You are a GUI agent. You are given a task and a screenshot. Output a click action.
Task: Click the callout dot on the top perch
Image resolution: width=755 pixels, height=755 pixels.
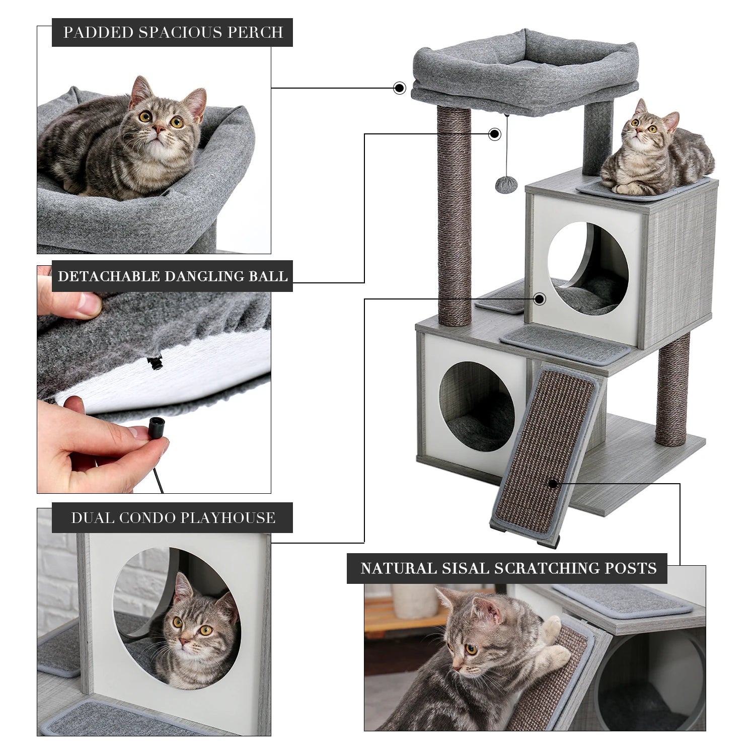400,88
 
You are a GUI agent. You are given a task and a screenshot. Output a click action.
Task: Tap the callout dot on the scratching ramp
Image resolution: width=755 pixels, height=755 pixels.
553,484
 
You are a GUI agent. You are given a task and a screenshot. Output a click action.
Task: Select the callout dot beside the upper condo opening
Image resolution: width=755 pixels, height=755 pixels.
540,299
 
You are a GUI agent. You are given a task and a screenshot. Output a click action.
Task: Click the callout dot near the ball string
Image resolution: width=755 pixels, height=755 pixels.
495,134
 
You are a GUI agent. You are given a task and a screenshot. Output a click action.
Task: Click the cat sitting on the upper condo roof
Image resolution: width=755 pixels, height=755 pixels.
654,156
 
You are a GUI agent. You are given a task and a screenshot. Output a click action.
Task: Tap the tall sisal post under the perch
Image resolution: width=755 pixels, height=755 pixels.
455,216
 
